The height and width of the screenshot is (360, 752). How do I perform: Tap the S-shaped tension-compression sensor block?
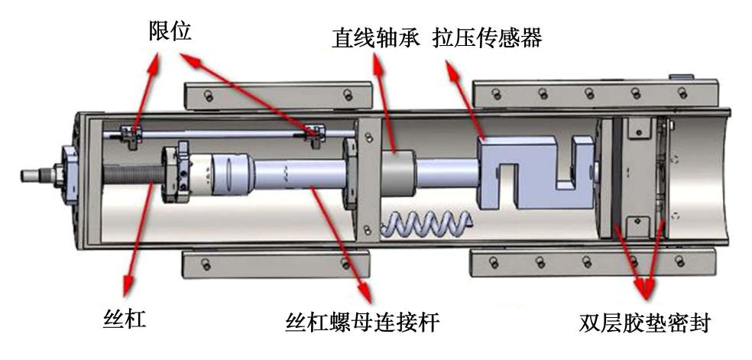coord(535,172)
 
